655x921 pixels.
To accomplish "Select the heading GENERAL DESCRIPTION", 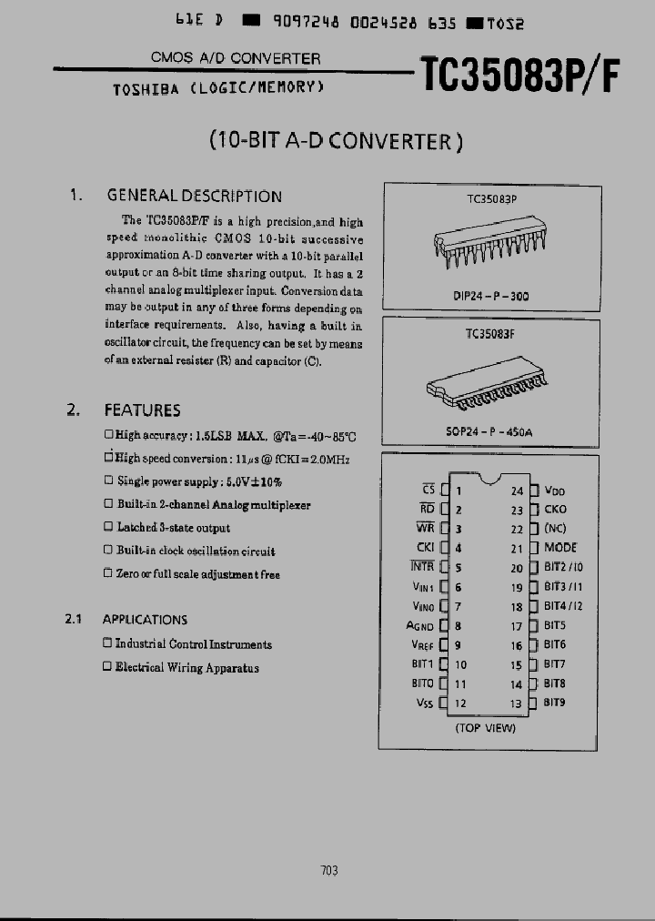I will pyautogui.click(x=194, y=196).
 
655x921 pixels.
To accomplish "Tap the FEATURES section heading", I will pyautogui.click(x=142, y=410).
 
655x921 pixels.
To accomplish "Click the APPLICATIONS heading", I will pyautogui.click(x=145, y=620).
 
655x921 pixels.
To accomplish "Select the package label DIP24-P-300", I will pyautogui.click(x=490, y=296).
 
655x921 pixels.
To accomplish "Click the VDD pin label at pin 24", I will pyautogui.click(x=555, y=491).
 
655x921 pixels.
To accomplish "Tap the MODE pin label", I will pyautogui.click(x=559, y=548).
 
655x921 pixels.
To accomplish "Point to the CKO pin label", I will pyautogui.click(x=555, y=510).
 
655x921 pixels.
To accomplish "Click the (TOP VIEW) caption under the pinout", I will pyautogui.click(x=485, y=727).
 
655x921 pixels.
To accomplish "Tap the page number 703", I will pyautogui.click(x=329, y=870).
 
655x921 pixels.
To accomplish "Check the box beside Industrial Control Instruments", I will pyautogui.click(x=107, y=643).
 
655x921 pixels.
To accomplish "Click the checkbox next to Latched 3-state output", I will pyautogui.click(x=109, y=527).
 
